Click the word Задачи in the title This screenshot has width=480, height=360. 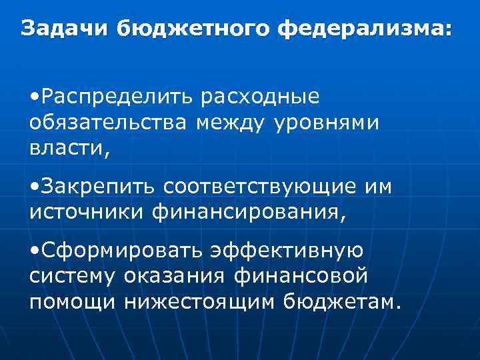pyautogui.click(x=65, y=29)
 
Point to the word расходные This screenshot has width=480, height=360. pyautogui.click(x=265, y=97)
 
